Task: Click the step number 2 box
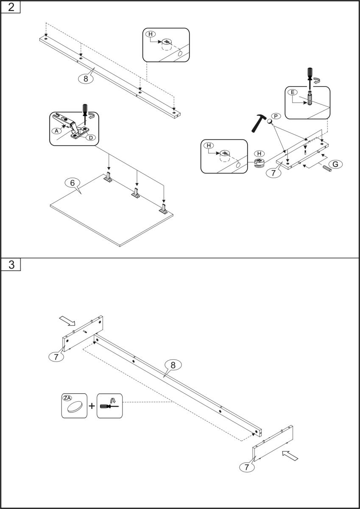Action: (11, 7)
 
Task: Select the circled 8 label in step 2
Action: (86, 78)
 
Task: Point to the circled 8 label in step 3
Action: (173, 364)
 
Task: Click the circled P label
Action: (276, 116)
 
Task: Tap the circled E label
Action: (292, 92)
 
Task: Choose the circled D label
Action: (90, 137)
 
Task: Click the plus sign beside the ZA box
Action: (92, 406)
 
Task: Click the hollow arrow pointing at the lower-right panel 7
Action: (290, 456)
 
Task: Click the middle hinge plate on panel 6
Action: (136, 193)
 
